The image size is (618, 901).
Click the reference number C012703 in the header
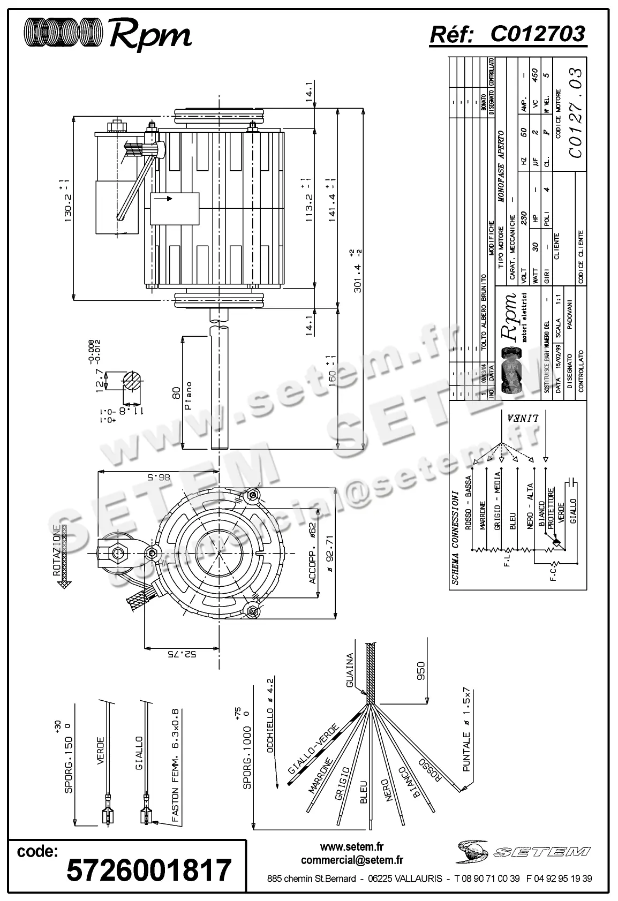point(538,34)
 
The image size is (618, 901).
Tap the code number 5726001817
point(148,870)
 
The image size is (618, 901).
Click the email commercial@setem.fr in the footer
point(352,860)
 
